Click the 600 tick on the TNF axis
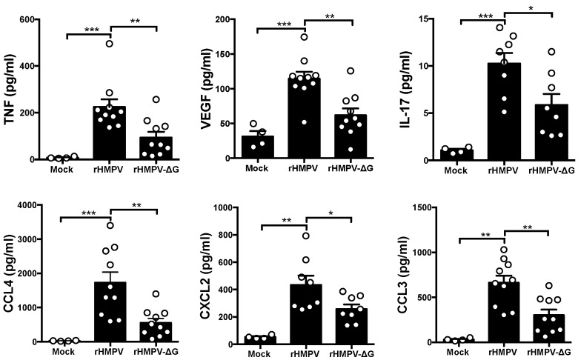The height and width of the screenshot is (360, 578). tap(32, 19)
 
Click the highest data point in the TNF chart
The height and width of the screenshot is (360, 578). tap(109, 44)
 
